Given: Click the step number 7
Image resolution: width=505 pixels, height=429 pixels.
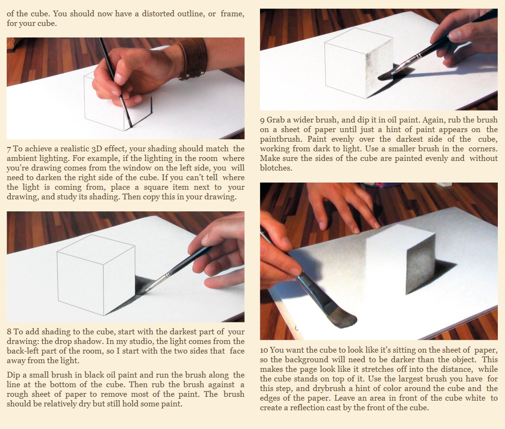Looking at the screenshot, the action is (9, 149).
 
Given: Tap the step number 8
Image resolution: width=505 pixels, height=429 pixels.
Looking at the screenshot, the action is (9, 332).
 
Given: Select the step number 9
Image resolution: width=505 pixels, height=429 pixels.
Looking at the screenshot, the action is (262, 120).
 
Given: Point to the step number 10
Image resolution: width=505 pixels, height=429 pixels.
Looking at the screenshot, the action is (264, 350).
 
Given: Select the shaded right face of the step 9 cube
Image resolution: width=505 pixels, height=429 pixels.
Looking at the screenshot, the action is (379, 68).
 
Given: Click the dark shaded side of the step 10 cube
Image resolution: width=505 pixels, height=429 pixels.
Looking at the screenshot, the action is (420, 265).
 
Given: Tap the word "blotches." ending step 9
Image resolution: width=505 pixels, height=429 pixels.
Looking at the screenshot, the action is (276, 168).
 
